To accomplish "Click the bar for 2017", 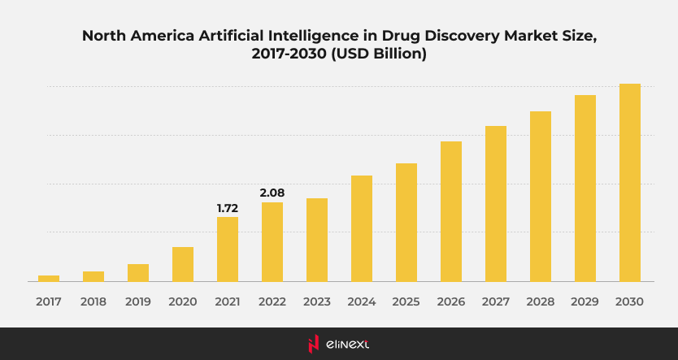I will point(49,278).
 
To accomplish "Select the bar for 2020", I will point(183,264).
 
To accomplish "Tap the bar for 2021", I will point(228,249).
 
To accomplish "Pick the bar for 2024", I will point(362,228).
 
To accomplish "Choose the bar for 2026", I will point(451,211).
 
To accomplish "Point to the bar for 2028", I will point(541,196).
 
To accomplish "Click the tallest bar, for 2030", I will point(630,182).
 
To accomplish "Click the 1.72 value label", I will point(228,208).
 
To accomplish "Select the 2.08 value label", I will point(272,193).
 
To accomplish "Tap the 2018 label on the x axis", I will point(93,301).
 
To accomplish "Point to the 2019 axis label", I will point(138,301).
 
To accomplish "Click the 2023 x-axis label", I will point(317,301).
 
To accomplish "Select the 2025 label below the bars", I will point(406,301).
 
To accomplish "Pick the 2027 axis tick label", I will point(496,301).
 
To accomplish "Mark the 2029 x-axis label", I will point(585,301).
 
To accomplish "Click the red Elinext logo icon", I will point(313,344).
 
